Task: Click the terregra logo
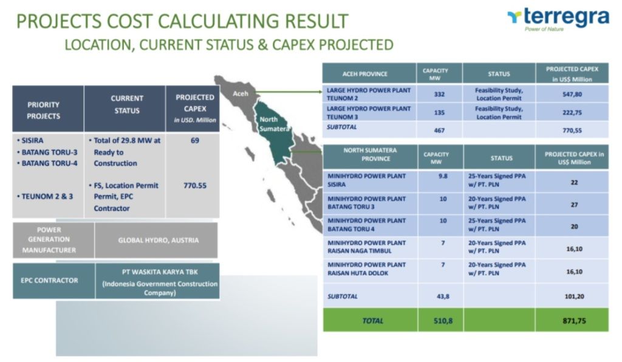click(558, 19)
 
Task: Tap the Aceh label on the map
click(241, 93)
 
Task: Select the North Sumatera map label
click(274, 124)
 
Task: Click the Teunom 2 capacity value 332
click(439, 94)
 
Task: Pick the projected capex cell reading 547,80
click(572, 94)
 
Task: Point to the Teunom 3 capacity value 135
click(439, 113)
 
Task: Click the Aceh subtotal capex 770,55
click(572, 130)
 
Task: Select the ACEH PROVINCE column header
click(365, 73)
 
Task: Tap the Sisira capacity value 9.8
click(443, 176)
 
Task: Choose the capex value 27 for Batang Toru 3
click(575, 205)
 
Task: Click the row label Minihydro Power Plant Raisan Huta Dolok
click(366, 269)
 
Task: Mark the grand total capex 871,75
click(574, 321)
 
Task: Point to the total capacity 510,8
click(443, 321)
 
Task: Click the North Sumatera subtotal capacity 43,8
click(443, 297)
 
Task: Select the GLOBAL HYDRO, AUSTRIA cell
click(159, 240)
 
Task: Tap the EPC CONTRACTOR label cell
click(50, 280)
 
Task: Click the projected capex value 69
click(195, 141)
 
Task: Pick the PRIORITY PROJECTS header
click(44, 110)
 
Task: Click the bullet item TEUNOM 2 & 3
click(45, 196)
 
